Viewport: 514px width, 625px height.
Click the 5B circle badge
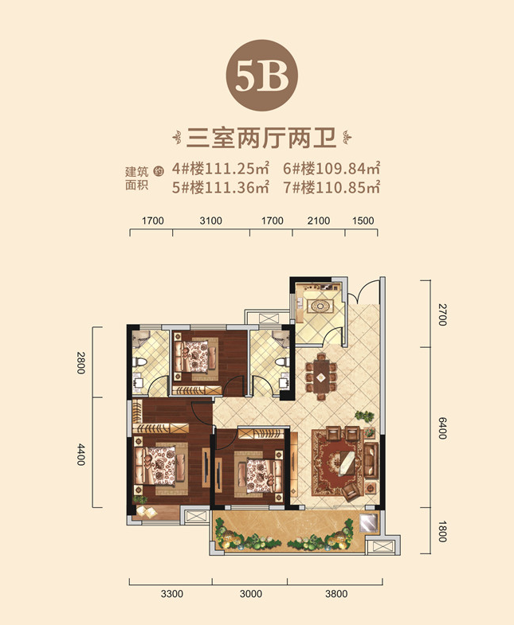click(262, 76)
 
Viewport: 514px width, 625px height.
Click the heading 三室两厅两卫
click(262, 139)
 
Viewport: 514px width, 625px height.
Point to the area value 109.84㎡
click(348, 169)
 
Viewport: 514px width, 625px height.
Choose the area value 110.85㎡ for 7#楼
click(348, 187)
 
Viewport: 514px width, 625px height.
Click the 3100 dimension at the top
click(210, 221)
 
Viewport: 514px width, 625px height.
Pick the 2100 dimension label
click(319, 221)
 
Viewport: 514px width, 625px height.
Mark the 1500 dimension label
click(363, 221)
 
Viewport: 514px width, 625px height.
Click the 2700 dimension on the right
click(442, 314)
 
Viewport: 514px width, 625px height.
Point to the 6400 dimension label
click(442, 428)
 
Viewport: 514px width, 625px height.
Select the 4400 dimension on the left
click(81, 455)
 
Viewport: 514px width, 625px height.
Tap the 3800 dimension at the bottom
click(336, 594)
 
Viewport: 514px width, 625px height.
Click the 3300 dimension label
click(172, 594)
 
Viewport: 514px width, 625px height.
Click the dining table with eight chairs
click(321, 377)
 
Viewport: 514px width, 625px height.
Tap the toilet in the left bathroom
click(139, 362)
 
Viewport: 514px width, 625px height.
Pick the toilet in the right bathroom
click(282, 362)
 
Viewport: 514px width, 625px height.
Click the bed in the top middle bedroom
click(195, 356)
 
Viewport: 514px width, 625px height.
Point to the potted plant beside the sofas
click(364, 416)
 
